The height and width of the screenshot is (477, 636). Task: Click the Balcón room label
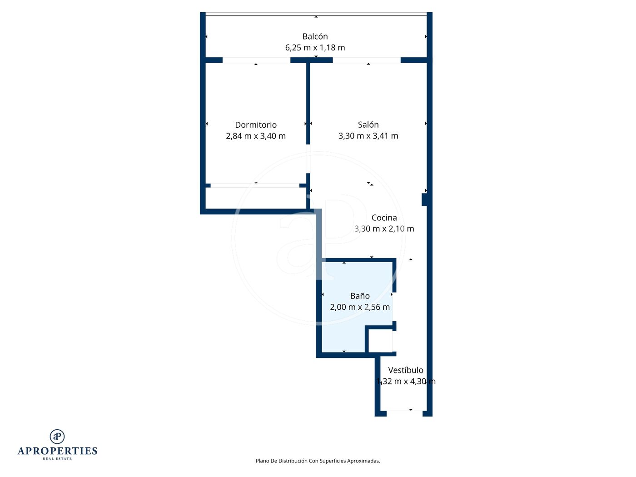[315, 36]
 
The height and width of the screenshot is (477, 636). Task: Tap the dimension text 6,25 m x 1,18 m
[315, 48]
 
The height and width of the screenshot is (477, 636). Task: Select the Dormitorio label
[256, 125]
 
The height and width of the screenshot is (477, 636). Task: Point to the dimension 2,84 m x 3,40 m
[256, 136]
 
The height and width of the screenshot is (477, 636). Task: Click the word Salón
[368, 124]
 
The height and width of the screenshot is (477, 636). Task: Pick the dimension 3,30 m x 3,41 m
[368, 135]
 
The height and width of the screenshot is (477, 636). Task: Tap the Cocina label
[384, 218]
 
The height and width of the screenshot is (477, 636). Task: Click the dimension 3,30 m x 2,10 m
[384, 229]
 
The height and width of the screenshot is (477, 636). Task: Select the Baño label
[360, 296]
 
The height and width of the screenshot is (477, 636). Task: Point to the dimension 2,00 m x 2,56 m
[360, 307]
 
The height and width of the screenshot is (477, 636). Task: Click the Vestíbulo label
[405, 370]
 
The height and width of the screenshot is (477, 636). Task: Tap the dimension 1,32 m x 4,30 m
[405, 381]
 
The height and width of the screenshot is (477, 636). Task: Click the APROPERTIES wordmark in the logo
[57, 451]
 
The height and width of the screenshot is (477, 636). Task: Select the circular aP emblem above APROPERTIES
[57, 436]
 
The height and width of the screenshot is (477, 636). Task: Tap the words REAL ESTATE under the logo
[57, 459]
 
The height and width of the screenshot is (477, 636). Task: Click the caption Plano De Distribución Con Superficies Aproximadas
[318, 461]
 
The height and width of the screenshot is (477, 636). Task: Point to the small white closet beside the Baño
[380, 341]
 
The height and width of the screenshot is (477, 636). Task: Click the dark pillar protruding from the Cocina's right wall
[424, 199]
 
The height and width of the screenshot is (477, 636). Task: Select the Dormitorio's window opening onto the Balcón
[256, 60]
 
